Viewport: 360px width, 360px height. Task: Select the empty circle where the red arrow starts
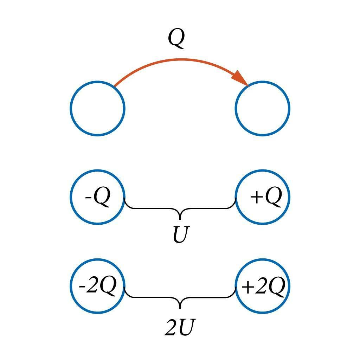[97, 108]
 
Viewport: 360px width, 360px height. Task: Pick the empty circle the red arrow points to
[263, 108]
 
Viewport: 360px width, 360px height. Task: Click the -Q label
[98, 198]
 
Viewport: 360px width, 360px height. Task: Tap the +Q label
[266, 198]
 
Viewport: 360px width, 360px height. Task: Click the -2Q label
[97, 287]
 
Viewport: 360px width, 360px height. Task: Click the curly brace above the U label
[180, 209]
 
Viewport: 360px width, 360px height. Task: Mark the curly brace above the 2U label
[180, 298]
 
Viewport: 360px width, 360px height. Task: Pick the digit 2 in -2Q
[91, 287]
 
